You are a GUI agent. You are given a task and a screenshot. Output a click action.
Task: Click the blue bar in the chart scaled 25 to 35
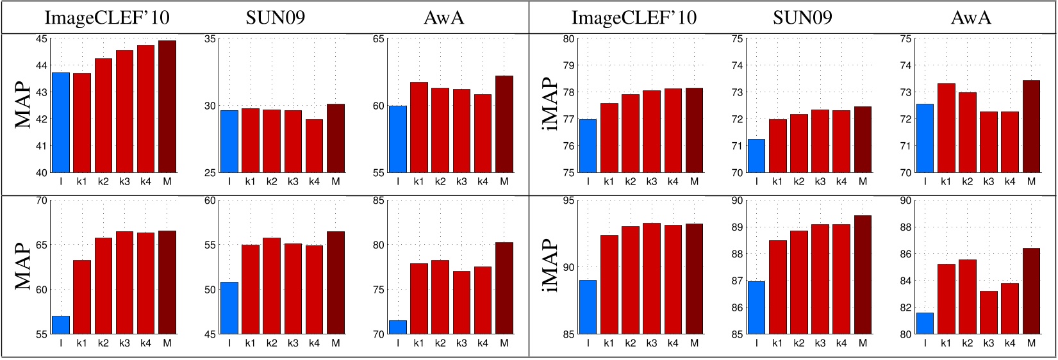[229, 142]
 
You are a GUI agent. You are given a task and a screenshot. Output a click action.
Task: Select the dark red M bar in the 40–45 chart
[167, 107]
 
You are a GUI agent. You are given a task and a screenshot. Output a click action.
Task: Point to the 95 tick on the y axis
[568, 200]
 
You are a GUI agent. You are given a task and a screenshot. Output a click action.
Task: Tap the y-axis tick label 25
[210, 172]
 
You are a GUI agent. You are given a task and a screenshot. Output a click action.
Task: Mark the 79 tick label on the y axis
[568, 65]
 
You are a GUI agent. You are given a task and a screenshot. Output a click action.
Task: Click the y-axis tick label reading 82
[905, 307]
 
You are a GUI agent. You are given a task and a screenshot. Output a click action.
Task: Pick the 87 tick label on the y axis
[737, 281]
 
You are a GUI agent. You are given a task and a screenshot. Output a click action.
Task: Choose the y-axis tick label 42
[41, 119]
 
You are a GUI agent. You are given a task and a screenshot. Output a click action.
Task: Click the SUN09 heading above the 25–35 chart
[275, 17]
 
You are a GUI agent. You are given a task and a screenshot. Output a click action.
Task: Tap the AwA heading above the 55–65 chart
[443, 17]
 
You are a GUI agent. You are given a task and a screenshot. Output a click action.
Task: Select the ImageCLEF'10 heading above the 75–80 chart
[633, 17]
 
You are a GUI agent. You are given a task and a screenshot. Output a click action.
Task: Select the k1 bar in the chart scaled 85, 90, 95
[609, 284]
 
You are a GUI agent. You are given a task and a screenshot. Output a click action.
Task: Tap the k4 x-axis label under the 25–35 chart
[314, 182]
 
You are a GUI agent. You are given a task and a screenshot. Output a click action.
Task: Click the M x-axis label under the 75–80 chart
[694, 182]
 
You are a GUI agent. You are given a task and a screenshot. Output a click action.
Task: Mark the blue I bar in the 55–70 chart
[61, 325]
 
